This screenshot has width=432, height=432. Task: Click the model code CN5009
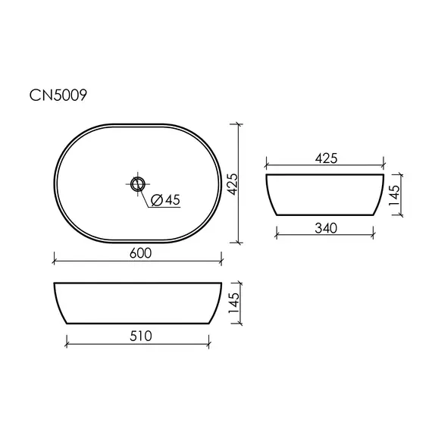(58, 95)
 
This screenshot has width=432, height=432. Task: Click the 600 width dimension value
(140, 253)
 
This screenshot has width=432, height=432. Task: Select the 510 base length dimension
(141, 336)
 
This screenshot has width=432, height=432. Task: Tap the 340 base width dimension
(326, 228)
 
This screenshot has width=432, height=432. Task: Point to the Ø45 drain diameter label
(165, 200)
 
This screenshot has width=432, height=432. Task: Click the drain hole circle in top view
(137, 183)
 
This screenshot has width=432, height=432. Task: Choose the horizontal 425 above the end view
(326, 158)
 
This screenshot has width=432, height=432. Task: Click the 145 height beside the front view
(234, 303)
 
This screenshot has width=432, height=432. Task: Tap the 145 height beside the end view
(394, 195)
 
